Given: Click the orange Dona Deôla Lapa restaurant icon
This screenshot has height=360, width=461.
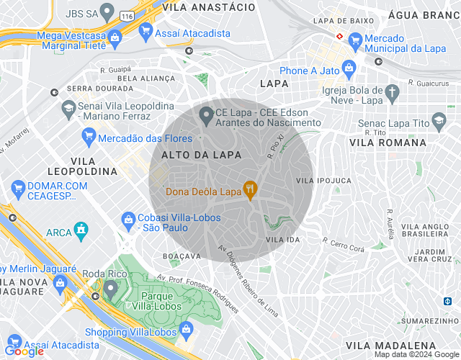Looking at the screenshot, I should click(x=250, y=191).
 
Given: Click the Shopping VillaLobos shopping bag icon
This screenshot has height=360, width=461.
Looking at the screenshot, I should click(x=187, y=330).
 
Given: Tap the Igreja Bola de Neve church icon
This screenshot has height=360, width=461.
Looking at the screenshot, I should click(x=392, y=93).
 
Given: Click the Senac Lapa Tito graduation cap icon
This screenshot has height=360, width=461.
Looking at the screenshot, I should click(x=438, y=120).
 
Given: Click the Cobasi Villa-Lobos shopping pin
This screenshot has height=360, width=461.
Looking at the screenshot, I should click(x=128, y=218).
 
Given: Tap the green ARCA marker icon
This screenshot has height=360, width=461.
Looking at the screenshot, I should click(x=83, y=231).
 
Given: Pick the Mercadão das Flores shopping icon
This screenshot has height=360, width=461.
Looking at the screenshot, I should click(x=89, y=137).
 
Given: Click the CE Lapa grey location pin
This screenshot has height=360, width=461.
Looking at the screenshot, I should click(x=206, y=114).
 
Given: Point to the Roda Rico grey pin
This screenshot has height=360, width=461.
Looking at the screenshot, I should click(x=110, y=289).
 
